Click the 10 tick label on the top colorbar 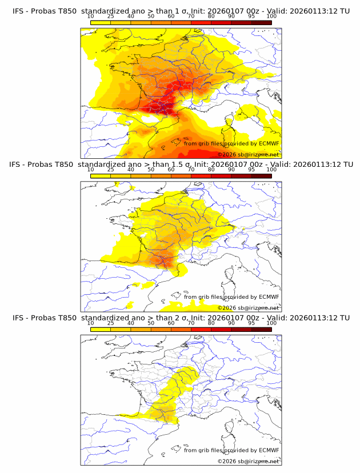pos(91,16)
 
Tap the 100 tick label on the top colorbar pos(271,16)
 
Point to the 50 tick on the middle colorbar pos(151,170)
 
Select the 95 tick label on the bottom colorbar pos(251,323)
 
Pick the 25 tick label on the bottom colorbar pos(110,323)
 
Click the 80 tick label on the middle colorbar pos(211,170)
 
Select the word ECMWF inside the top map pos(269,143)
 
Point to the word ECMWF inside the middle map pos(269,297)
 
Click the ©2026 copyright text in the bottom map pos(227,461)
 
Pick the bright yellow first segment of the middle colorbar pos(101,175)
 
